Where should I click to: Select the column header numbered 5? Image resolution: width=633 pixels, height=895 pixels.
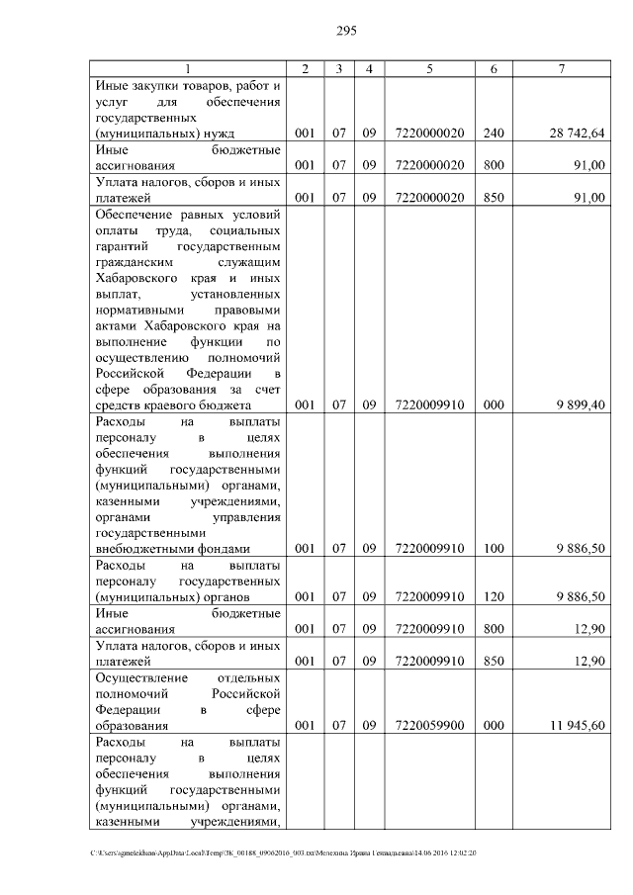(429, 68)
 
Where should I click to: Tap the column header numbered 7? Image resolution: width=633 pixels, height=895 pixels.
(561, 68)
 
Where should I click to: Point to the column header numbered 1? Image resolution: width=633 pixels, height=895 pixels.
(187, 68)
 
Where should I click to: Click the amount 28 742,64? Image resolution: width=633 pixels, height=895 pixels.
(579, 134)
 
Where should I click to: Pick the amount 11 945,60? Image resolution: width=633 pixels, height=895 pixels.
(579, 726)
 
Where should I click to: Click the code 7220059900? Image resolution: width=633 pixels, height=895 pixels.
(429, 726)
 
